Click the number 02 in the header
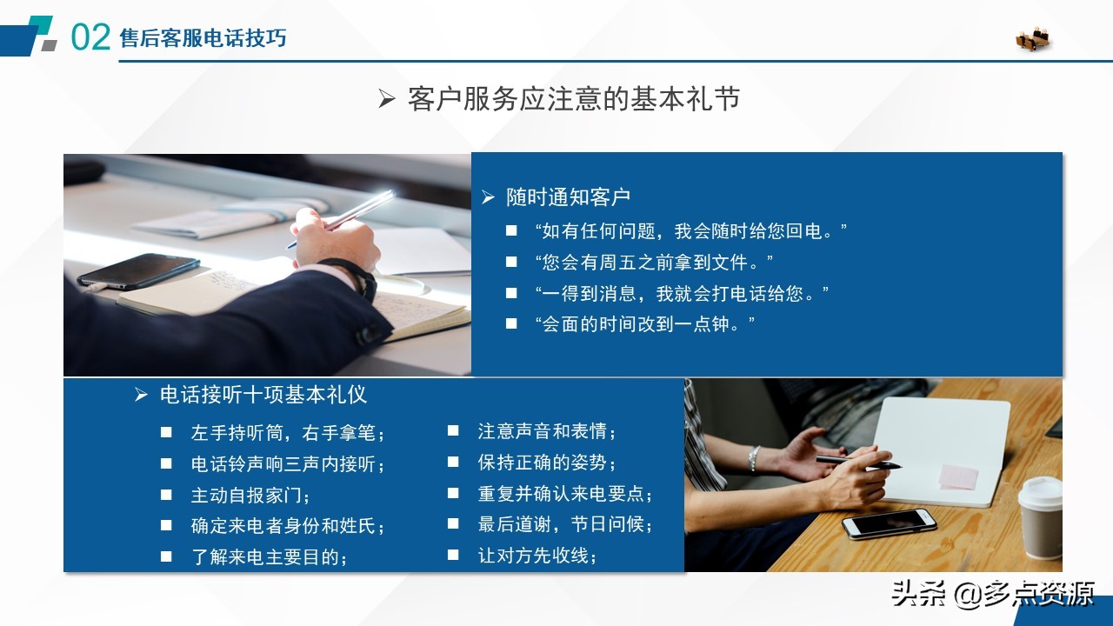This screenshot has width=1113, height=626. pos(90,37)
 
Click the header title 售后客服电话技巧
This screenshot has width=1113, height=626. pos(203,38)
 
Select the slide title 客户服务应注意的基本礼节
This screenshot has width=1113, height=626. pos(573,99)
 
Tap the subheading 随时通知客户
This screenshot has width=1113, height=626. pos(568,197)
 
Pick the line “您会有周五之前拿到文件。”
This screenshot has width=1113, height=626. pos(653,262)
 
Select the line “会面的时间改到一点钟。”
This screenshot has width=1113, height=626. pos(644,324)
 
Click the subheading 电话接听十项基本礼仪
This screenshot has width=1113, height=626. pos(263,395)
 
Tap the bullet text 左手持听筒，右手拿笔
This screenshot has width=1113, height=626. pos(287,432)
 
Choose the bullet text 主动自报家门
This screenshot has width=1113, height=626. pos(250,495)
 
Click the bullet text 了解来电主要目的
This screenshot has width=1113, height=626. pos(269,557)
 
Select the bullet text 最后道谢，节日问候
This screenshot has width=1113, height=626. pos(565,524)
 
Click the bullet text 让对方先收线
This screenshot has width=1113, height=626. pos(537,556)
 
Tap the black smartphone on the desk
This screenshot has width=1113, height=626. pos(137,270)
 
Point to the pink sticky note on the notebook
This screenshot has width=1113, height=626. pos(958,476)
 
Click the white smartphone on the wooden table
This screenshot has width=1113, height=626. pos(889,523)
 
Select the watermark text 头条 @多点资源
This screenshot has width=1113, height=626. pos(992,594)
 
